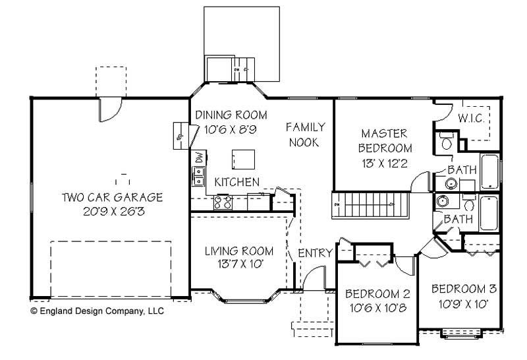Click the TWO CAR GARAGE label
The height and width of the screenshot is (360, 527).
coord(112,197)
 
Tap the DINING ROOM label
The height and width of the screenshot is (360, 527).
coord(227,115)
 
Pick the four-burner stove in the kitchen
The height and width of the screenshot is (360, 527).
coord(223,202)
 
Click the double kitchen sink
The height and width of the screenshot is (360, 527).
coord(198,176)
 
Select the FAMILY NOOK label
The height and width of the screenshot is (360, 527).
coord(302,134)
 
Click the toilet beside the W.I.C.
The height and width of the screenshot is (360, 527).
coord(445,141)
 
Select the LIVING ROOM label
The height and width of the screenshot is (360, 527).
coord(238,251)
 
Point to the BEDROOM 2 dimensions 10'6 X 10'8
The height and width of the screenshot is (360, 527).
coord(378,308)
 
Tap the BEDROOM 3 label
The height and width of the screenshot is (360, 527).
coord(463,289)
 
